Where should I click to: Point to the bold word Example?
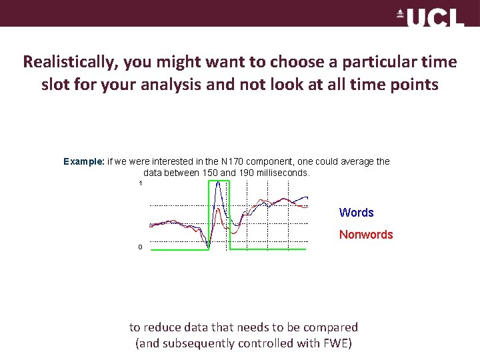pyautogui.click(x=84, y=161)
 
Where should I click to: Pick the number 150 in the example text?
pyautogui.click(x=209, y=173)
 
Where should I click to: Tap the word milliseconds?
pyautogui.click(x=287, y=173)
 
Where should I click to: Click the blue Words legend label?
pyautogui.click(x=356, y=213)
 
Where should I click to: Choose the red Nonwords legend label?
pyautogui.click(x=366, y=235)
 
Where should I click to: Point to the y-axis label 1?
pyautogui.click(x=141, y=183)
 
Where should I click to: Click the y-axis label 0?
pyautogui.click(x=140, y=247)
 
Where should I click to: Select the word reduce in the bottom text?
pyautogui.click(x=161, y=327)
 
